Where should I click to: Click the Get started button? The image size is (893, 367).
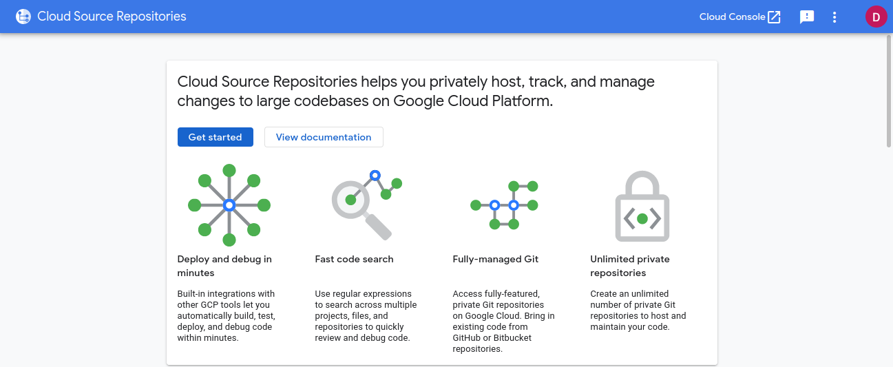pyautogui.click(x=216, y=137)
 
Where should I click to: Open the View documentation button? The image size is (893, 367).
pyautogui.click(x=324, y=137)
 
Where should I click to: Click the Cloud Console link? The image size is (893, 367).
pyautogui.click(x=740, y=17)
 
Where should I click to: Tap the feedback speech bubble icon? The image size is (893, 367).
pyautogui.click(x=806, y=17)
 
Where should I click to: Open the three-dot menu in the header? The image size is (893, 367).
pyautogui.click(x=834, y=17)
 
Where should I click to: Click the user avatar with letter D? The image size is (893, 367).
pyautogui.click(x=876, y=17)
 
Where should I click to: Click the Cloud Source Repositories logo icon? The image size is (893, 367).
pyautogui.click(x=23, y=17)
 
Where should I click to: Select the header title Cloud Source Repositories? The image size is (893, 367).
pyautogui.click(x=112, y=17)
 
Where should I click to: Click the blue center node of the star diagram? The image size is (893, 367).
pyautogui.click(x=229, y=205)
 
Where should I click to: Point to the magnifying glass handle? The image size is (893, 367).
pyautogui.click(x=378, y=227)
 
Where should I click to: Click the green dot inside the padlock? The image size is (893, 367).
pyautogui.click(x=642, y=218)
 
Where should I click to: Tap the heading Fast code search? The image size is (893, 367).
pyautogui.click(x=354, y=259)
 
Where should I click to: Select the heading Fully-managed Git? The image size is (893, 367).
pyautogui.click(x=495, y=259)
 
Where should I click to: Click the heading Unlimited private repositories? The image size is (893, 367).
pyautogui.click(x=630, y=266)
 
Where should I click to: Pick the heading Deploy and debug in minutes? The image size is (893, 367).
pyautogui.click(x=224, y=266)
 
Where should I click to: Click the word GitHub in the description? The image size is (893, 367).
pyautogui.click(x=466, y=338)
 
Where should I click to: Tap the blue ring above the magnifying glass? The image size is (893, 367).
pyautogui.click(x=375, y=176)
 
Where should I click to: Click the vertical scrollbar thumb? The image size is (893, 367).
pyautogui.click(x=889, y=92)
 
